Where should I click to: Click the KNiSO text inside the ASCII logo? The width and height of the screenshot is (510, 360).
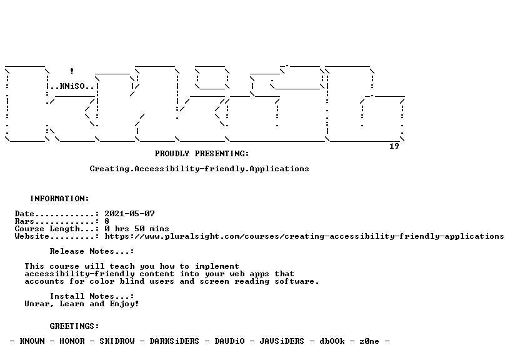72,86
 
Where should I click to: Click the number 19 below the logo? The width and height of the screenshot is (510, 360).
394,146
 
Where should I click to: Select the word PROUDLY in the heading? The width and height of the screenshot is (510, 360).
172,154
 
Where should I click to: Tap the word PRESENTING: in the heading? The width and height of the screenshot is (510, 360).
222,154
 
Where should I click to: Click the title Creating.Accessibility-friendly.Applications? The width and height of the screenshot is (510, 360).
199,169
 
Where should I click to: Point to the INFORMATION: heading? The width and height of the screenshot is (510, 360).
59,199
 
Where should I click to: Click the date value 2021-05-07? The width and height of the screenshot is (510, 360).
130,214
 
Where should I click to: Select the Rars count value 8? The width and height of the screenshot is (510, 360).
107,221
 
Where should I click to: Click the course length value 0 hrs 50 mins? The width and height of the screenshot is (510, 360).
137,229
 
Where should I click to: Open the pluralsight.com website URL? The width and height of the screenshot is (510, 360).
304,236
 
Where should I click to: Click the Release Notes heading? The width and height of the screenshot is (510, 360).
92,251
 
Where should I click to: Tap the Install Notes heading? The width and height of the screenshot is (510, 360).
92,296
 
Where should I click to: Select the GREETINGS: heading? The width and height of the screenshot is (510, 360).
74,326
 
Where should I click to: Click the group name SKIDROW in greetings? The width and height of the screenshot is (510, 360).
117,341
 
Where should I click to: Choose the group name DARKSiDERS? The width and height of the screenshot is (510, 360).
174,341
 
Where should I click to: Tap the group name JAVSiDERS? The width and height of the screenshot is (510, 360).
282,341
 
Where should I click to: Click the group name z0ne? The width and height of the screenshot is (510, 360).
369,341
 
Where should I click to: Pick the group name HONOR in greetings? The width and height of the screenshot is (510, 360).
72,341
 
